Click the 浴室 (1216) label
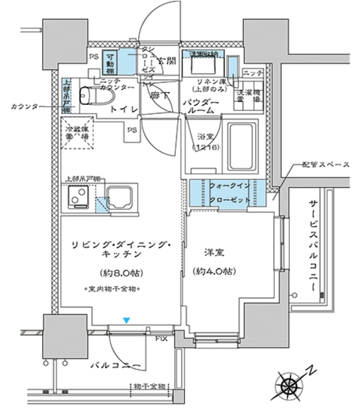point(207,143)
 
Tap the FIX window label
point(162,337)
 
